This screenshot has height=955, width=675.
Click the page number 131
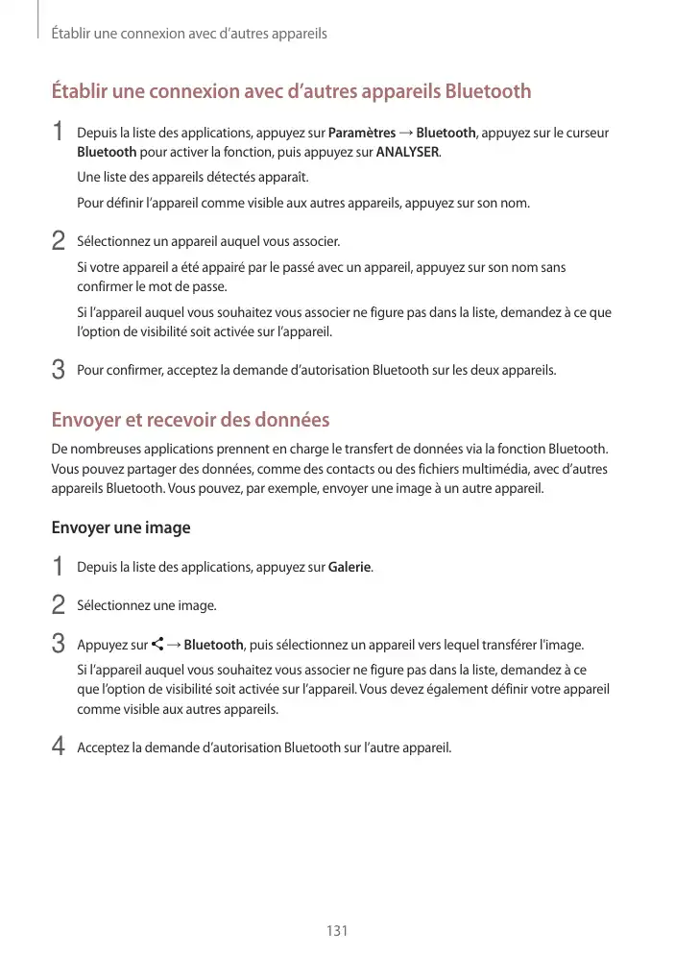tap(337, 931)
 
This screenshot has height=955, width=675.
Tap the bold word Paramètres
tap(362, 133)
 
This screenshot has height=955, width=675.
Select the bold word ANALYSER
tap(408, 152)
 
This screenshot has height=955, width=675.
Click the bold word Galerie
tap(350, 567)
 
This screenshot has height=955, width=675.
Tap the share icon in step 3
tap(157, 644)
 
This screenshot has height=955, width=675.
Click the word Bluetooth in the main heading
tap(486, 92)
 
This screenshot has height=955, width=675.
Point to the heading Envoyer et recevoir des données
tap(190, 420)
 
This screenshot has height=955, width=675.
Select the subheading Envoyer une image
tap(120, 527)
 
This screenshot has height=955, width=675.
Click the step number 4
tap(58, 747)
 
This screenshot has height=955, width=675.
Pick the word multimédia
tap(534, 468)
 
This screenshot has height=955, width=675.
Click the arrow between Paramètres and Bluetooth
tap(407, 133)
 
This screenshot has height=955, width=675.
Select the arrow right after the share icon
tap(175, 644)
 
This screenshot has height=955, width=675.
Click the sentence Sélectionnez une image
tap(146, 605)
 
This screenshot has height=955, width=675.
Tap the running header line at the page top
tap(189, 34)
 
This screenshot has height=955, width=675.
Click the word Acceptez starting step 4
tap(101, 747)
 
